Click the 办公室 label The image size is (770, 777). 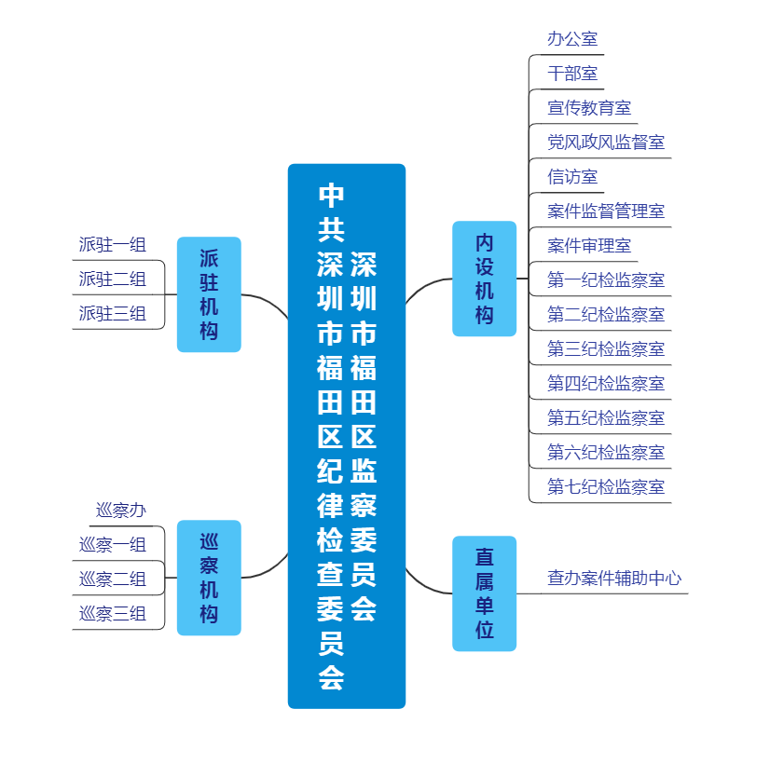[572, 39]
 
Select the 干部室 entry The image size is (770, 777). [572, 74]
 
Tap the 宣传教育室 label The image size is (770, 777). [589, 108]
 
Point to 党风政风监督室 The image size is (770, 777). [606, 143]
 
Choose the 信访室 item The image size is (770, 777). [572, 177]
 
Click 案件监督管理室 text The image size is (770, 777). [606, 211]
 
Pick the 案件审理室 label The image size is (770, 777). [589, 246]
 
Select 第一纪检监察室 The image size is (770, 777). [606, 280]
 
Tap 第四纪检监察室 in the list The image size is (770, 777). [606, 384]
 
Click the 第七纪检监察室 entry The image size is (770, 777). [606, 487]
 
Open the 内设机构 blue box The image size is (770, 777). [484, 279]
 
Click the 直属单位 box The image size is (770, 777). [484, 593]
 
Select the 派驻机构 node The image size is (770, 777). [209, 294]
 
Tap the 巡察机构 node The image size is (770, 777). [209, 578]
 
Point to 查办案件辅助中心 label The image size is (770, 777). [614, 579]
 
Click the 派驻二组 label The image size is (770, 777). [113, 279]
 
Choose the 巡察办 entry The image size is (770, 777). [121, 511]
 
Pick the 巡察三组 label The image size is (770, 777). [113, 614]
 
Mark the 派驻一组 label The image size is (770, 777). [113, 245]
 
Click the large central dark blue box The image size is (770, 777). [347, 436]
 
